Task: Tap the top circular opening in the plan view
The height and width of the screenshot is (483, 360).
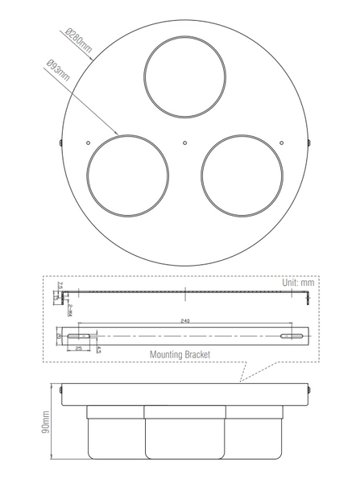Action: (184, 74)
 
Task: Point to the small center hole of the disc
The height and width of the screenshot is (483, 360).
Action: (185, 142)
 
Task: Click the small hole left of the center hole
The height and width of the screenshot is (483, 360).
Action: (89, 142)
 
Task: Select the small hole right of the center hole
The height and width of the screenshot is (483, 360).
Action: (281, 142)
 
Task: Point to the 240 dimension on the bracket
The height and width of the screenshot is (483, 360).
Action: (185, 320)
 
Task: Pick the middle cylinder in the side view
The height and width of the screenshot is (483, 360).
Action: (184, 435)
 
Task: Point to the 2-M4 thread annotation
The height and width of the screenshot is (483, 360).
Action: (71, 308)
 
